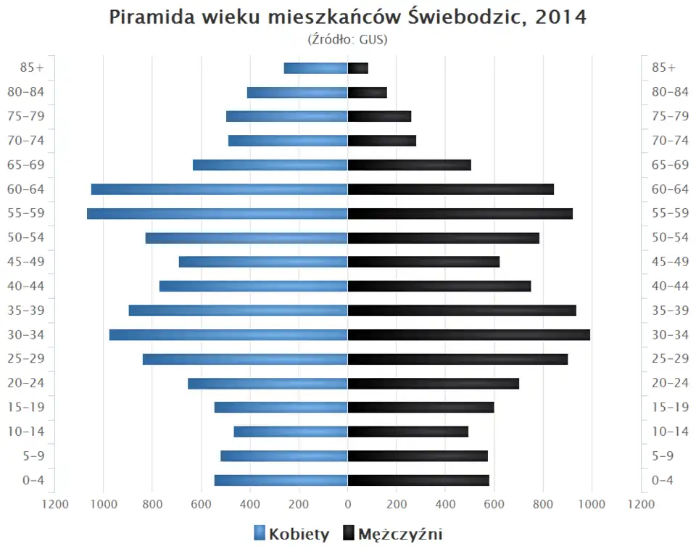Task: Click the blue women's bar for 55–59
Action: point(217,213)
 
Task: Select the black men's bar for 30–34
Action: point(468,334)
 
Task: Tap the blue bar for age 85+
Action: point(315,68)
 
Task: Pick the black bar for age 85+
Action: point(358,68)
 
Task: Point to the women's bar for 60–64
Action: point(219,189)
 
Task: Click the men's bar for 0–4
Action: point(418,480)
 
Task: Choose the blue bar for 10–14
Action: point(290,432)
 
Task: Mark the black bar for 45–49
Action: point(423,262)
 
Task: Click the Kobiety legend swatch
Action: point(260,535)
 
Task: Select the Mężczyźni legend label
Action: point(400,535)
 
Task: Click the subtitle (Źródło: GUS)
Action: point(348,39)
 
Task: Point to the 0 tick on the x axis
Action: point(348,505)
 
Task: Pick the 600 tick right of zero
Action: point(494,505)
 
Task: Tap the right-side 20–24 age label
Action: point(670,383)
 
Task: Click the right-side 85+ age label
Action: point(663,67)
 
